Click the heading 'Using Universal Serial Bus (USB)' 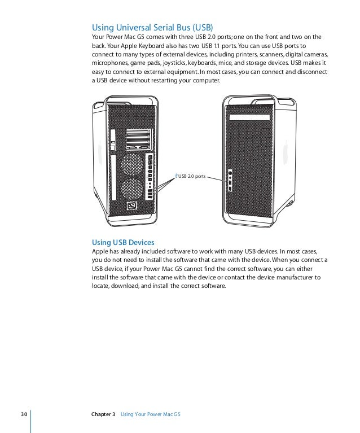click(152, 27)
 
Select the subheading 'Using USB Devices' click(122, 242)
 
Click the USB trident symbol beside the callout click(177, 176)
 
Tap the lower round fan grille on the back click(131, 189)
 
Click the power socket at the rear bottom click(132, 207)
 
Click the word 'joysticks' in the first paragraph click(171, 64)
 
